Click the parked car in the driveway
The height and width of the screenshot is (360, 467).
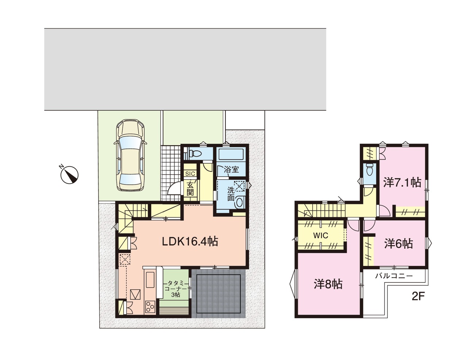[x=130, y=155]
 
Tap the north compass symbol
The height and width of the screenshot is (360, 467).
[x=69, y=175]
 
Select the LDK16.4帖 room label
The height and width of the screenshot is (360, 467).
[x=190, y=242]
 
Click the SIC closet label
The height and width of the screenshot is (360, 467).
[x=190, y=174]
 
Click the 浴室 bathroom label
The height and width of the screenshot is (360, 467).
[x=231, y=170]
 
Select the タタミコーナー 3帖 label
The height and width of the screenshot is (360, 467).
[x=175, y=289]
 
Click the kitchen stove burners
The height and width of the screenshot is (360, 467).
[x=150, y=306]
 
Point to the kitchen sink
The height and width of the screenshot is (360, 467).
[x=150, y=280]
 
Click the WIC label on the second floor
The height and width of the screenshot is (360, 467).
[x=321, y=236]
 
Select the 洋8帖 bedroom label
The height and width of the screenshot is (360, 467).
[x=328, y=284]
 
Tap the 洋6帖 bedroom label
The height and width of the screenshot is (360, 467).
[x=398, y=244]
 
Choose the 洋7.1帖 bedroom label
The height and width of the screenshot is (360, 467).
[x=402, y=183]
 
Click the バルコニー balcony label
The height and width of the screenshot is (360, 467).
[x=394, y=276]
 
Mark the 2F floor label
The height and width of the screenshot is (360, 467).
[x=418, y=297]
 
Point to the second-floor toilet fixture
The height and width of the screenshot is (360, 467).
[x=370, y=170]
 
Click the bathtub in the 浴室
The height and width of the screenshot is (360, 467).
[x=231, y=154]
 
